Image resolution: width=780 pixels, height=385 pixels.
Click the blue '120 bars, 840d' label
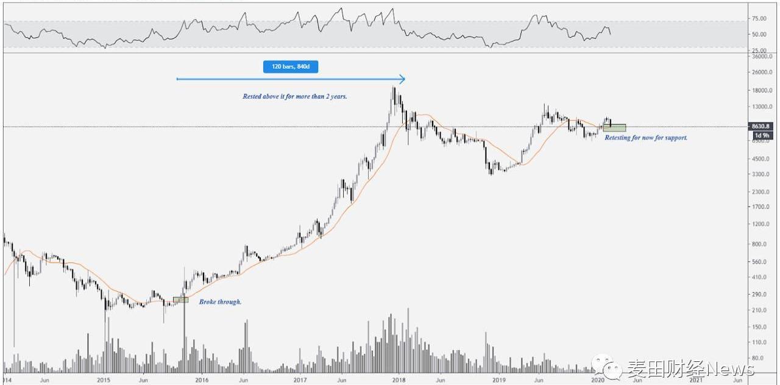(290, 66)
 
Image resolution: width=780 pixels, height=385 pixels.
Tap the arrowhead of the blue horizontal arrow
(402, 79)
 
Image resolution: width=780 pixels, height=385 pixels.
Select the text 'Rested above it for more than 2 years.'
(295, 96)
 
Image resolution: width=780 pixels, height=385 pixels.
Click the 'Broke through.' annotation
(220, 302)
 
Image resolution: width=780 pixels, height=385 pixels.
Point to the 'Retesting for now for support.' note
(646, 138)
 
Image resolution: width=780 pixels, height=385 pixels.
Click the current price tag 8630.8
(760, 126)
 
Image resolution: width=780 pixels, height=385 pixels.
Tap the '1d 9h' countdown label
(762, 135)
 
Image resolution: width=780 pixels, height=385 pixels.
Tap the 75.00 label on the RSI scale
(759, 19)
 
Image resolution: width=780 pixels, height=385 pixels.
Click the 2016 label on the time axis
(202, 380)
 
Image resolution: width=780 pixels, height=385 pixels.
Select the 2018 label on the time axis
(399, 380)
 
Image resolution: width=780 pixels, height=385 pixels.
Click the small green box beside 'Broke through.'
(180, 300)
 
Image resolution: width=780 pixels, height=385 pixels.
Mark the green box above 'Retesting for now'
(614, 128)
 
